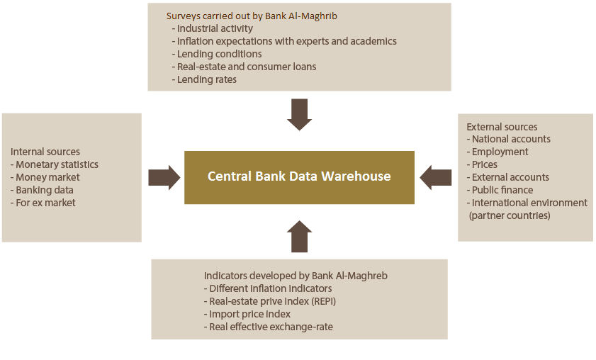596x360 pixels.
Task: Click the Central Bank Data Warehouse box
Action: pyautogui.click(x=299, y=177)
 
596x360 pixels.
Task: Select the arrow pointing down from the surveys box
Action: pyautogui.click(x=300, y=114)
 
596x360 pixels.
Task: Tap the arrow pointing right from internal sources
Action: pyautogui.click(x=164, y=178)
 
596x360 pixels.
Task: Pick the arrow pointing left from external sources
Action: pyautogui.click(x=436, y=178)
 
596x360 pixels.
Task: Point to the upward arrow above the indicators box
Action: pyautogui.click(x=300, y=236)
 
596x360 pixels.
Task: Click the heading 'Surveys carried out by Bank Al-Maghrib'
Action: pyautogui.click(x=252, y=16)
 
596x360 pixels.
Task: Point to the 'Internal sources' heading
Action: pyautogui.click(x=45, y=152)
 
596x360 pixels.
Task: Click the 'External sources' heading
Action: pyautogui.click(x=502, y=127)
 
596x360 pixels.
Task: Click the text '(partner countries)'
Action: pyautogui.click(x=510, y=215)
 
